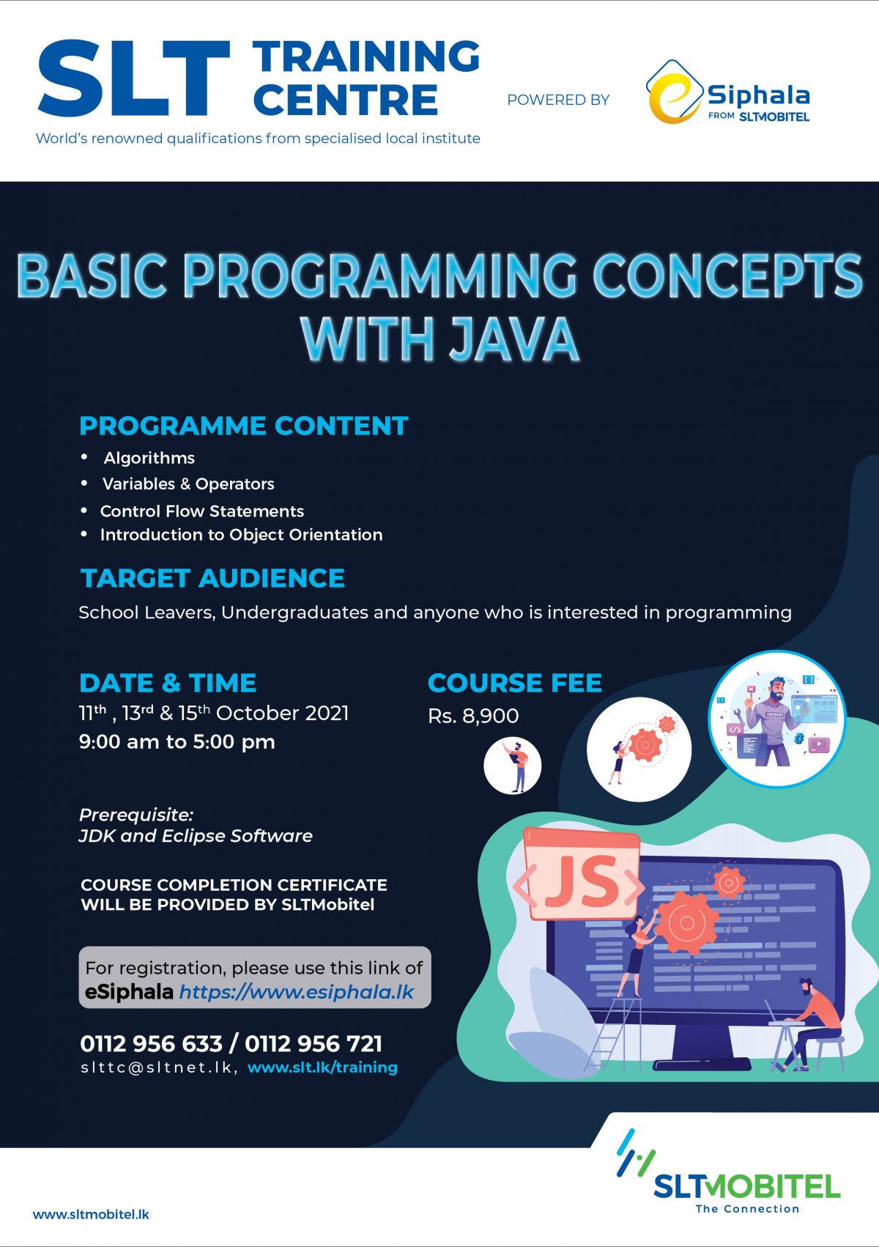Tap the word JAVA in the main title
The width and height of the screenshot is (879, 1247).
tap(513, 338)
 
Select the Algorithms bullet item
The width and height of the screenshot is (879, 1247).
tap(149, 458)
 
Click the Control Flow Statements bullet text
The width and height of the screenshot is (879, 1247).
tap(201, 511)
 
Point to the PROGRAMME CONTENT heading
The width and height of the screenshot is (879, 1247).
tap(243, 426)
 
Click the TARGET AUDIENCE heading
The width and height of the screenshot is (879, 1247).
tap(212, 578)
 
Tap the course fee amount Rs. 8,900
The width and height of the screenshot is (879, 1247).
tap(473, 716)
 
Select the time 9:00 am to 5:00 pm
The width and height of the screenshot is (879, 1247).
tap(177, 741)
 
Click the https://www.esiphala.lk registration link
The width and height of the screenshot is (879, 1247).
tap(297, 992)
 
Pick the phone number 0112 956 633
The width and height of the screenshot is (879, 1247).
tap(151, 1043)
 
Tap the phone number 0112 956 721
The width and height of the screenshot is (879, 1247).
tap(314, 1043)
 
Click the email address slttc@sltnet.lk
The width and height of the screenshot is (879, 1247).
tap(157, 1067)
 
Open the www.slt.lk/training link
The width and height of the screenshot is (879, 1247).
tap(322, 1067)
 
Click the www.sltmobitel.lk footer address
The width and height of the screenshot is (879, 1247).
tap(91, 1214)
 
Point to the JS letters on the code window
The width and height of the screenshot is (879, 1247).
tap(582, 880)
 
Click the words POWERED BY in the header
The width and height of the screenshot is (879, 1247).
tap(558, 100)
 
